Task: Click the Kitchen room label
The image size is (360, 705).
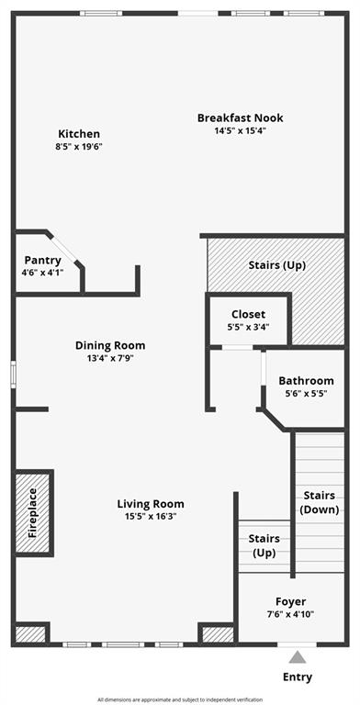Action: click(x=79, y=134)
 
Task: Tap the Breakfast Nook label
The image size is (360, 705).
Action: click(x=241, y=117)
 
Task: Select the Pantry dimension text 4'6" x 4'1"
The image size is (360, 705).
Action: click(x=42, y=273)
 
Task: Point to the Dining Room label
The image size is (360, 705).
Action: click(x=110, y=346)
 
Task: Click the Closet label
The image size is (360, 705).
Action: click(x=248, y=315)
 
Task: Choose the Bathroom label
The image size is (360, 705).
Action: click(x=306, y=381)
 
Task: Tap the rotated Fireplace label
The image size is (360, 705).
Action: click(x=33, y=513)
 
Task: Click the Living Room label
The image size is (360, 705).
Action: click(x=151, y=504)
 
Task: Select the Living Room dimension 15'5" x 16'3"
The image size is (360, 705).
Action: click(x=151, y=516)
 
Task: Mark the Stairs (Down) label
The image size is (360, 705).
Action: click(x=320, y=502)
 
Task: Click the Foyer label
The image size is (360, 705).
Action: click(x=290, y=602)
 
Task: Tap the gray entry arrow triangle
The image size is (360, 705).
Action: click(x=298, y=657)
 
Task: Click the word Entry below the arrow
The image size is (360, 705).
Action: click(x=298, y=677)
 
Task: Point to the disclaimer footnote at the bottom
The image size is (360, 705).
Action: click(x=180, y=699)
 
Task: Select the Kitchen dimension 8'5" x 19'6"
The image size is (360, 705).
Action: click(x=79, y=147)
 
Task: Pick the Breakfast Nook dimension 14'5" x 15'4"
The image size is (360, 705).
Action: click(x=241, y=130)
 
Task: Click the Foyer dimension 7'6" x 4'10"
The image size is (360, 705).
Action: click(x=290, y=614)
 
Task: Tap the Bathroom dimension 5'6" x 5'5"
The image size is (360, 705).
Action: click(x=306, y=394)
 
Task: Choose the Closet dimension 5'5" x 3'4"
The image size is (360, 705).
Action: click(x=248, y=328)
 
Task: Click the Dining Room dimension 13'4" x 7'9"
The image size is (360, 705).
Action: click(x=110, y=359)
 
